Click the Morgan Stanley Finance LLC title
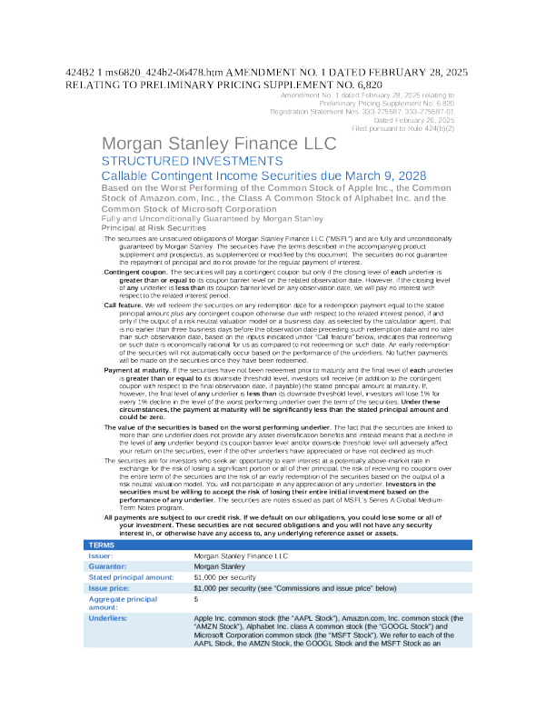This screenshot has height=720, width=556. coord(218,144)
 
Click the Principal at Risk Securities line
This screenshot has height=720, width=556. coord(154,227)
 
